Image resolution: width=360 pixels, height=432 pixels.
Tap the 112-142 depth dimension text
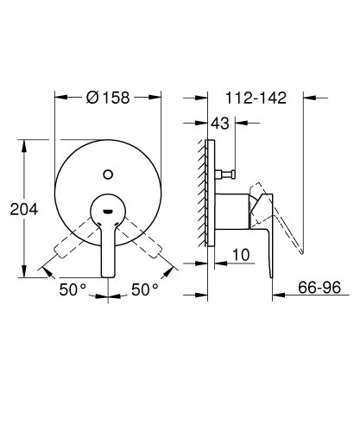[x=256, y=98]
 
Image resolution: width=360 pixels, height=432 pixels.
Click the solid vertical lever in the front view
[x=108, y=251]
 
